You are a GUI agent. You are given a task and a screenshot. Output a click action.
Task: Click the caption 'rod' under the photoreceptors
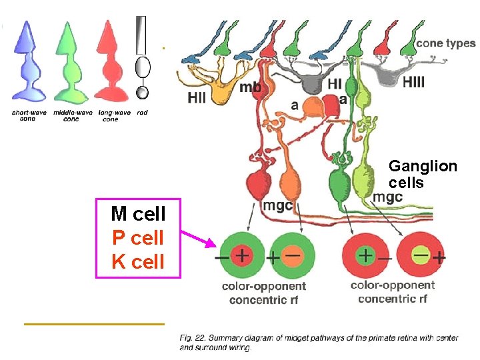(142, 113)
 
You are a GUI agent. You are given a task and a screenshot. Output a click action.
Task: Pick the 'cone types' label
(446, 43)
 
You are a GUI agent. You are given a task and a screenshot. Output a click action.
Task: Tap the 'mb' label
(250, 87)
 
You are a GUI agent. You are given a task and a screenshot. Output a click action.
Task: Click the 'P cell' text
(138, 237)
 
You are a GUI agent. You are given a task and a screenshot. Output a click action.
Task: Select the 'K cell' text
(138, 261)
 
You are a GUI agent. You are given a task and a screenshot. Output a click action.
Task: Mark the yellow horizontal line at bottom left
(93, 324)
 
